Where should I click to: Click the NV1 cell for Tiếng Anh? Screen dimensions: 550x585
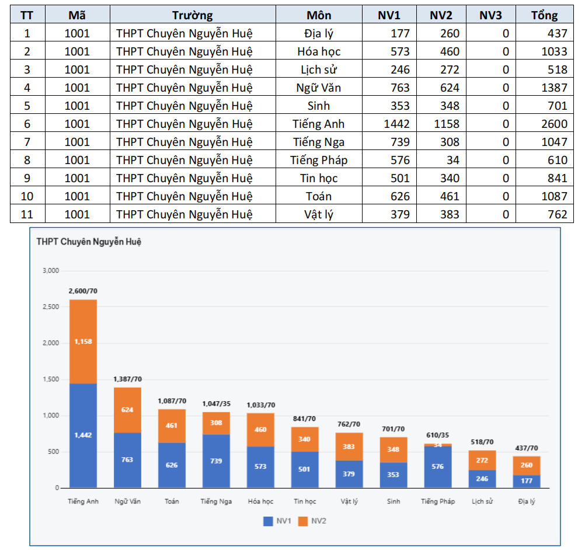point(397,124)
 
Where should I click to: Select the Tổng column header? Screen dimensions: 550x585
point(544,15)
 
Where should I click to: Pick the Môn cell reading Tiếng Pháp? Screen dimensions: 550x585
point(319,160)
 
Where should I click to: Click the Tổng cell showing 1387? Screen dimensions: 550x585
point(554,88)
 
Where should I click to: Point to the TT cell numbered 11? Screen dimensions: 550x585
point(27,214)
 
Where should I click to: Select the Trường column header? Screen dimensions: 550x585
point(193,15)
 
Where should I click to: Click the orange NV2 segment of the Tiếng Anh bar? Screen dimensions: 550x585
point(83,342)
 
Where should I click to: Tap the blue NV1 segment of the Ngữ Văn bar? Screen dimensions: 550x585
point(127,460)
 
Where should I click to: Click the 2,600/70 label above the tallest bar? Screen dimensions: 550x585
point(83,291)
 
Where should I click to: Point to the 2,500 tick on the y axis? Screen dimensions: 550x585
point(51,307)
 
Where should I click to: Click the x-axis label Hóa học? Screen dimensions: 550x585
point(260,502)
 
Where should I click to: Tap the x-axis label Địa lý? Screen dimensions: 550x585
point(526,502)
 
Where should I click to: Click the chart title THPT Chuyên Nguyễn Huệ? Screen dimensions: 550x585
point(89,242)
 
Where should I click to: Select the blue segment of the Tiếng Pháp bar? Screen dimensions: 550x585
point(438,467)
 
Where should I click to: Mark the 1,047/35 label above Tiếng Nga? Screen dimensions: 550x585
point(216,403)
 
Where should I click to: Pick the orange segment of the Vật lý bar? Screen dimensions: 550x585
point(349,447)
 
